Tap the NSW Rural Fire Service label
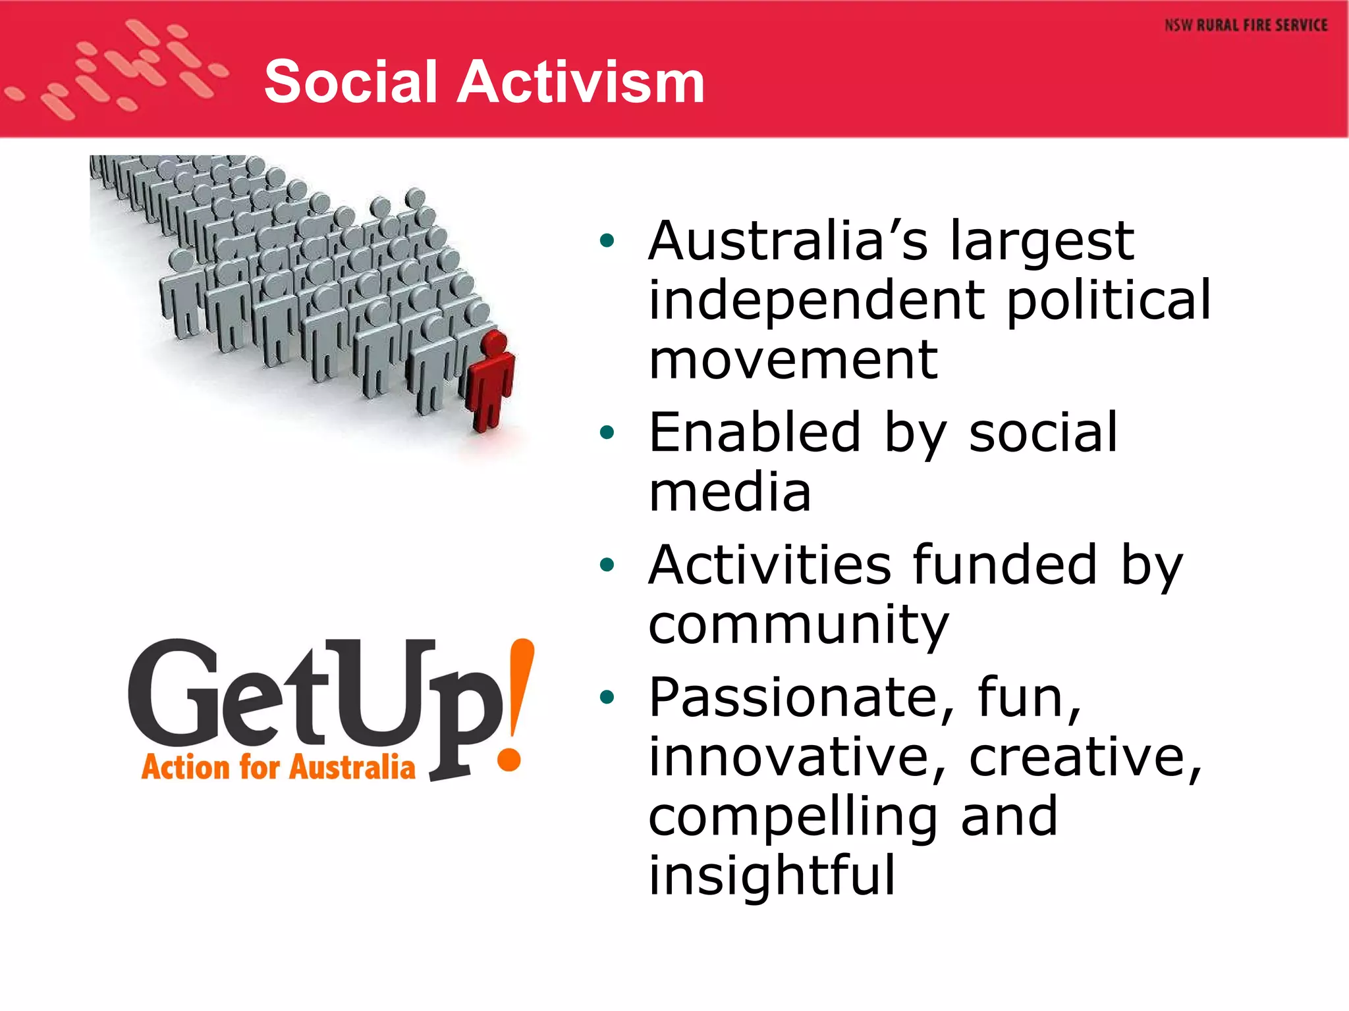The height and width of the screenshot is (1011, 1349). pyautogui.click(x=1246, y=26)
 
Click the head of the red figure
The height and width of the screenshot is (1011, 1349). pyautogui.click(x=494, y=343)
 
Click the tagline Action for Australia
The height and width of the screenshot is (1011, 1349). pyautogui.click(x=278, y=767)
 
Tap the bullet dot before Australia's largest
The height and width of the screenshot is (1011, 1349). pyautogui.click(x=607, y=241)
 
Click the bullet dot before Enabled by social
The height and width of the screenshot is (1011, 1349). pyautogui.click(x=607, y=432)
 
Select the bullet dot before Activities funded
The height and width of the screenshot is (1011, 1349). pyautogui.click(x=607, y=565)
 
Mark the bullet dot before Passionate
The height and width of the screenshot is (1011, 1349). pyautogui.click(x=607, y=697)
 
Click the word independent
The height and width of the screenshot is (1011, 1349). pyautogui.click(x=817, y=300)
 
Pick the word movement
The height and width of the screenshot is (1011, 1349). pyautogui.click(x=793, y=360)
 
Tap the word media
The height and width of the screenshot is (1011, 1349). pyautogui.click(x=730, y=492)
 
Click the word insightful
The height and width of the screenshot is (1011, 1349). pyautogui.click(x=772, y=875)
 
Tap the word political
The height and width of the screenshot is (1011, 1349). pyautogui.click(x=1109, y=300)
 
